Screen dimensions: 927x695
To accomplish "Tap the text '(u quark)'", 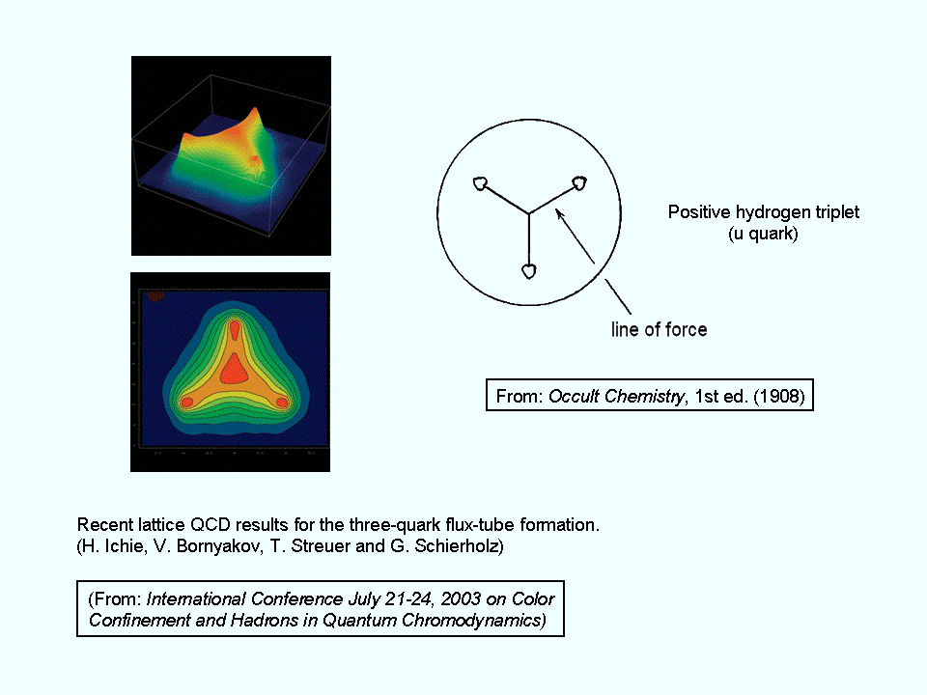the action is tap(763, 234).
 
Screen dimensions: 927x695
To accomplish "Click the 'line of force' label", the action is tap(660, 329).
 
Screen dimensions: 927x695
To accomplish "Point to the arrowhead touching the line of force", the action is tap(559, 213).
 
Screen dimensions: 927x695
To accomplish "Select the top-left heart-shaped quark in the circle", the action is tap(481, 183).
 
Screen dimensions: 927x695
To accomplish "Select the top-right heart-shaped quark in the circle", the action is tap(578, 183).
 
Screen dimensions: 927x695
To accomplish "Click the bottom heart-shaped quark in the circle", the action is tap(529, 271).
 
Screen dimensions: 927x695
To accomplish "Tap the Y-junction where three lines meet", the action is tap(528, 213).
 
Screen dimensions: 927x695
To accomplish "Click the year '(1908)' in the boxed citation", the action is tap(779, 396).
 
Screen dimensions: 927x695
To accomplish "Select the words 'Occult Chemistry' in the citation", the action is tap(617, 396).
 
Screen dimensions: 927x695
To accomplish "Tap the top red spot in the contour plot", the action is tap(235, 329).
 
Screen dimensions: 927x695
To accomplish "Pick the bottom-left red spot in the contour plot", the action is tap(186, 403).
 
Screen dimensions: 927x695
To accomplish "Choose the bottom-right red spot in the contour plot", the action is tap(282, 403).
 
